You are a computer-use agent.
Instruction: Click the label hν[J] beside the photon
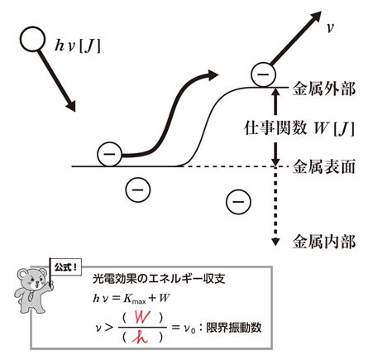point(78,46)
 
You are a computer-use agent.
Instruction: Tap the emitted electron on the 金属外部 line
point(263,74)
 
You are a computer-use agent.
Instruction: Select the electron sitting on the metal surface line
point(109,154)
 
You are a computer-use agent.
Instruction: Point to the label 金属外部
point(324,89)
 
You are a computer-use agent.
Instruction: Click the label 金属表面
point(324,166)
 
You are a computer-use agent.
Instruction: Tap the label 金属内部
point(324,242)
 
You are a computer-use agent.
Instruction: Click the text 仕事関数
point(275,127)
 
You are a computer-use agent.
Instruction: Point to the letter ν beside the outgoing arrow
point(330,28)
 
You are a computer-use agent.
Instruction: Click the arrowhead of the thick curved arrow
point(213,75)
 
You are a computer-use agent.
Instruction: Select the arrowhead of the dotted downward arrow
point(275,242)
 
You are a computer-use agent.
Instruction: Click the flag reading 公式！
point(65,267)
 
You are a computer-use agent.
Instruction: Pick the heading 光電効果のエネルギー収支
point(159,279)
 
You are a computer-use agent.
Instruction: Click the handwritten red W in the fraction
point(142,318)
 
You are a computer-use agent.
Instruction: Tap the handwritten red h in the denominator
point(140,337)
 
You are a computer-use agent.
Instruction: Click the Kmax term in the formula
point(135,299)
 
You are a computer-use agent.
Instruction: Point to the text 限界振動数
point(234,328)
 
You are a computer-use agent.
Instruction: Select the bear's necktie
point(31,295)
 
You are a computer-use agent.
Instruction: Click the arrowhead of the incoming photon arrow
point(70,106)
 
